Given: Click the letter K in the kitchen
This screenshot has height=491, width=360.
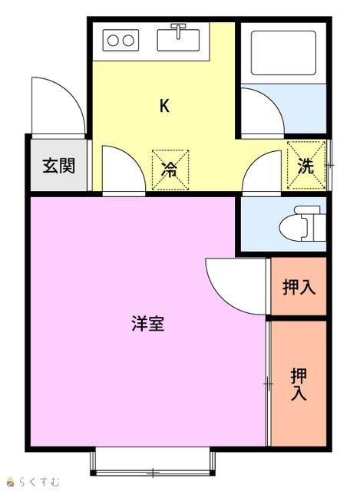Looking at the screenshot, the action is (164, 106).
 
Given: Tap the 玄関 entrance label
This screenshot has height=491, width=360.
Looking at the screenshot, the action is (58, 166).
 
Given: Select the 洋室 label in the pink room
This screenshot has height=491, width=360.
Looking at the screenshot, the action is (148, 324).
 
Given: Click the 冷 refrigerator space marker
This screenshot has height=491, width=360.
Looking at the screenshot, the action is (170, 170).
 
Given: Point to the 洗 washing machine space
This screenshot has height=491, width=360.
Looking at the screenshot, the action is (306, 166).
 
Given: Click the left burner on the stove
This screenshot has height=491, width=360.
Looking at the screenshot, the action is (113, 41).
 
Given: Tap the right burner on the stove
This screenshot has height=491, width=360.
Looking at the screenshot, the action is (128, 41).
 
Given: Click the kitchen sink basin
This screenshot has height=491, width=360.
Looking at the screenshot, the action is (178, 40).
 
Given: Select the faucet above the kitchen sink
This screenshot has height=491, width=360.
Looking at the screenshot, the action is (178, 31).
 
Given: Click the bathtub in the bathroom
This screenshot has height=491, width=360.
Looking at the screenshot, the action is (283, 53).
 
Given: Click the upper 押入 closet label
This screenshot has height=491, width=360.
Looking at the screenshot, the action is (299, 287).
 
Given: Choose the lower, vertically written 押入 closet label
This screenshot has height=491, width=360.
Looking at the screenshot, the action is (299, 384).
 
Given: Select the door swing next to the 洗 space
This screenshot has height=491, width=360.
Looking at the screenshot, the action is (256, 160).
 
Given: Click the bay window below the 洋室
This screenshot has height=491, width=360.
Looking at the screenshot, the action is (153, 462).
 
